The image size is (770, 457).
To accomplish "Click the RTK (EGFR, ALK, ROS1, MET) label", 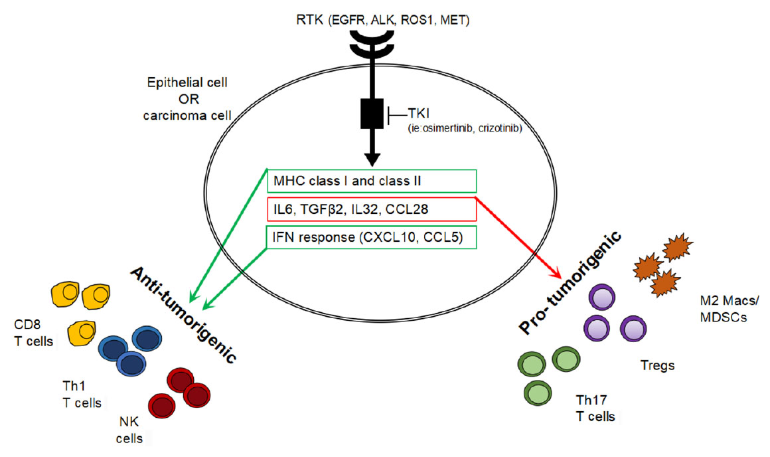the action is [x=382, y=20].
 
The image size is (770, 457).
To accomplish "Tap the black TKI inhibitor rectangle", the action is [x=372, y=114].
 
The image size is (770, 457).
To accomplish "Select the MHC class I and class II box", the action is [x=372, y=181].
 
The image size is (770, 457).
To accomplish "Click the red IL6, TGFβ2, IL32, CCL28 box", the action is [x=372, y=209].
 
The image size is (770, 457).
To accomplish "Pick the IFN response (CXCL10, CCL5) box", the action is [x=372, y=237].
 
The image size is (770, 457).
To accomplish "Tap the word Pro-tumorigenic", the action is [x=571, y=283].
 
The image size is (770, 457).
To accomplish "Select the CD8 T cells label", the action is [x=33, y=333].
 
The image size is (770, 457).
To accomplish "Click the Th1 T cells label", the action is [x=82, y=394].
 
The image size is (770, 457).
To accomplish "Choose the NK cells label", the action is [x=129, y=430].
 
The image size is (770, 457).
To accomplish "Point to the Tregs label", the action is [x=658, y=365].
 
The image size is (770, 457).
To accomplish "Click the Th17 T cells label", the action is [x=595, y=408].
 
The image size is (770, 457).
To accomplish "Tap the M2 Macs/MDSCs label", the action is [x=730, y=309].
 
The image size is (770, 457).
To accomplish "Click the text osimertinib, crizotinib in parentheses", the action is [x=465, y=128].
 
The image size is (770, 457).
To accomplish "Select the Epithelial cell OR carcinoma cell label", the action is [x=187, y=99].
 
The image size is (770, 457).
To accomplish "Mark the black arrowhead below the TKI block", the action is [x=372, y=159].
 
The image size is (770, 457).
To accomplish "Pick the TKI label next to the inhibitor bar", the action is [x=418, y=114].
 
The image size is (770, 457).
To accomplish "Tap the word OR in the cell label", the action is [x=189, y=99].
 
